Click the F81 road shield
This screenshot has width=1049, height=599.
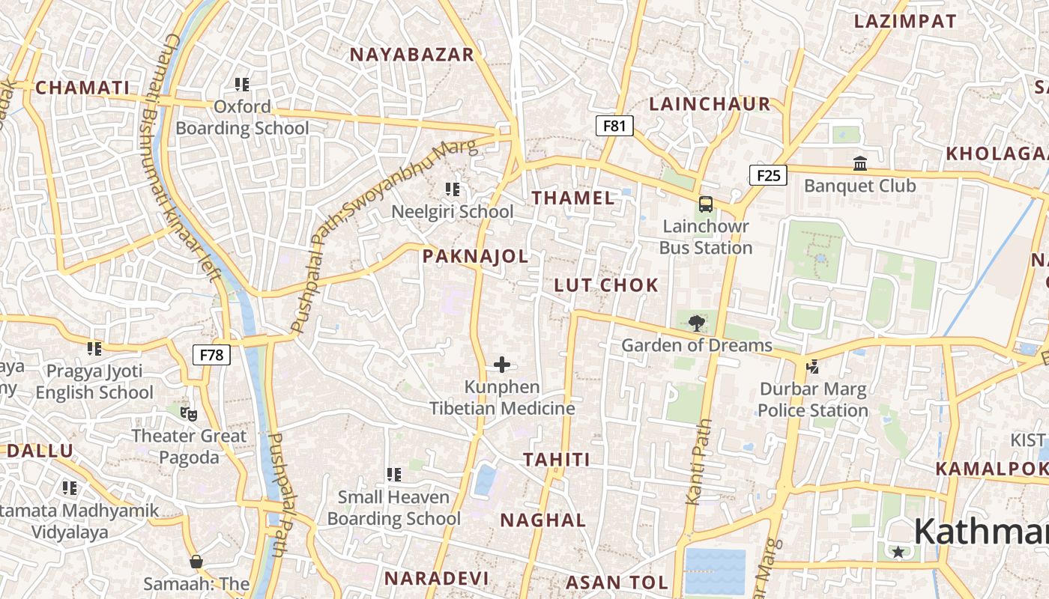pos(614,126)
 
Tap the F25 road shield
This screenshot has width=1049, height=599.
pos(768,176)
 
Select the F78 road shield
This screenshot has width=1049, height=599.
pos(212,355)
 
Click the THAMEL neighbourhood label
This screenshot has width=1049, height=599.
pos(573,198)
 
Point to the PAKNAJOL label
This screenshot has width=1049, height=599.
pos(475,257)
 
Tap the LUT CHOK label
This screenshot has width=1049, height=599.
pos(606,285)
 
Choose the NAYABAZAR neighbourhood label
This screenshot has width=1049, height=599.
pos(412,55)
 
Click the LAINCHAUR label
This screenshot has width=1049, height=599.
pos(710,104)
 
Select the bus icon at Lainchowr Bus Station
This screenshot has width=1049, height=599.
pos(705,204)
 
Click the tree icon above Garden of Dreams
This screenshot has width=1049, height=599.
pos(696,323)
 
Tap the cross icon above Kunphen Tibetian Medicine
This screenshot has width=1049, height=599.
pos(502,365)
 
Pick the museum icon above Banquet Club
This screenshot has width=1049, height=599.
pos(859,163)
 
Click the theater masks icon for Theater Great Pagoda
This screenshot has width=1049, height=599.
pos(189,413)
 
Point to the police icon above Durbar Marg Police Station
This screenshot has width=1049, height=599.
pos(812,367)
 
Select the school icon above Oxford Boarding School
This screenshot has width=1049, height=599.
pos(241,85)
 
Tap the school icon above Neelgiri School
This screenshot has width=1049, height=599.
pos(453,189)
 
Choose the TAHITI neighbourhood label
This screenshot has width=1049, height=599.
pos(557,460)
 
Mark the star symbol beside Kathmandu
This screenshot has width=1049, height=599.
pos(898,552)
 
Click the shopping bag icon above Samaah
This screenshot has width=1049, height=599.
pos(196,562)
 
